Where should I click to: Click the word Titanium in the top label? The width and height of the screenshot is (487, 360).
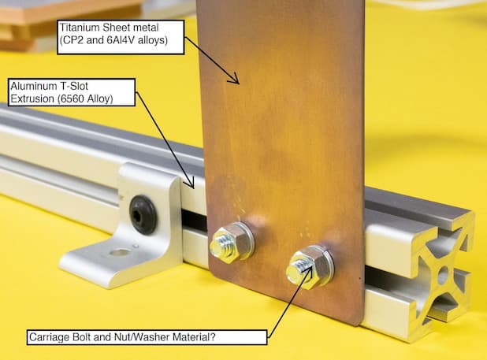point(80,28)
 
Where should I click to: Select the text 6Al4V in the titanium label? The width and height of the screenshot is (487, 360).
point(121,40)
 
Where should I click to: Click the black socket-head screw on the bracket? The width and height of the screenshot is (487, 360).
point(143,214)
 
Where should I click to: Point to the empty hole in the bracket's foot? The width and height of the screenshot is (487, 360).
point(119,253)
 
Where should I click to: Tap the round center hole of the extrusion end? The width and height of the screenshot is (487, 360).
point(443,274)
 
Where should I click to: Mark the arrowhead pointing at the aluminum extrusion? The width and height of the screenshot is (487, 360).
point(190,183)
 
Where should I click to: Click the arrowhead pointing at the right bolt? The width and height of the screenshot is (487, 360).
point(307,271)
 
